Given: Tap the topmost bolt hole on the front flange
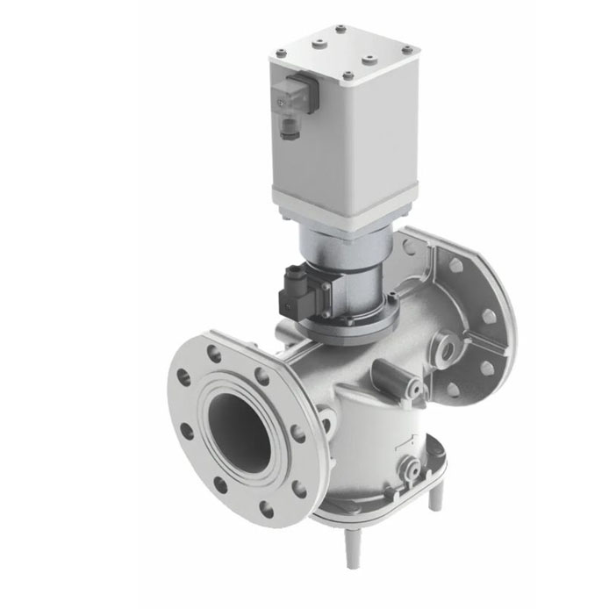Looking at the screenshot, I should (212, 355).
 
